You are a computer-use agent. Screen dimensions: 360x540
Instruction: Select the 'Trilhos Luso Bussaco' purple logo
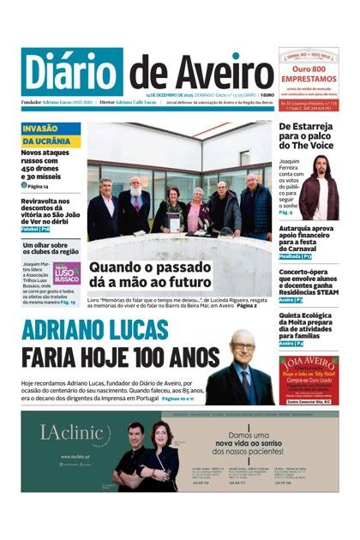(x=67, y=273)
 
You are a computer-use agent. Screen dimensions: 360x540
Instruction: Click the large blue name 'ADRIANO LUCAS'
(x=106, y=331)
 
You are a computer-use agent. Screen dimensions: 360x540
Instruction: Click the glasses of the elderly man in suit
(x=243, y=346)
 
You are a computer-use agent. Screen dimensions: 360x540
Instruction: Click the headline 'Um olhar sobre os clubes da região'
(x=50, y=249)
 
